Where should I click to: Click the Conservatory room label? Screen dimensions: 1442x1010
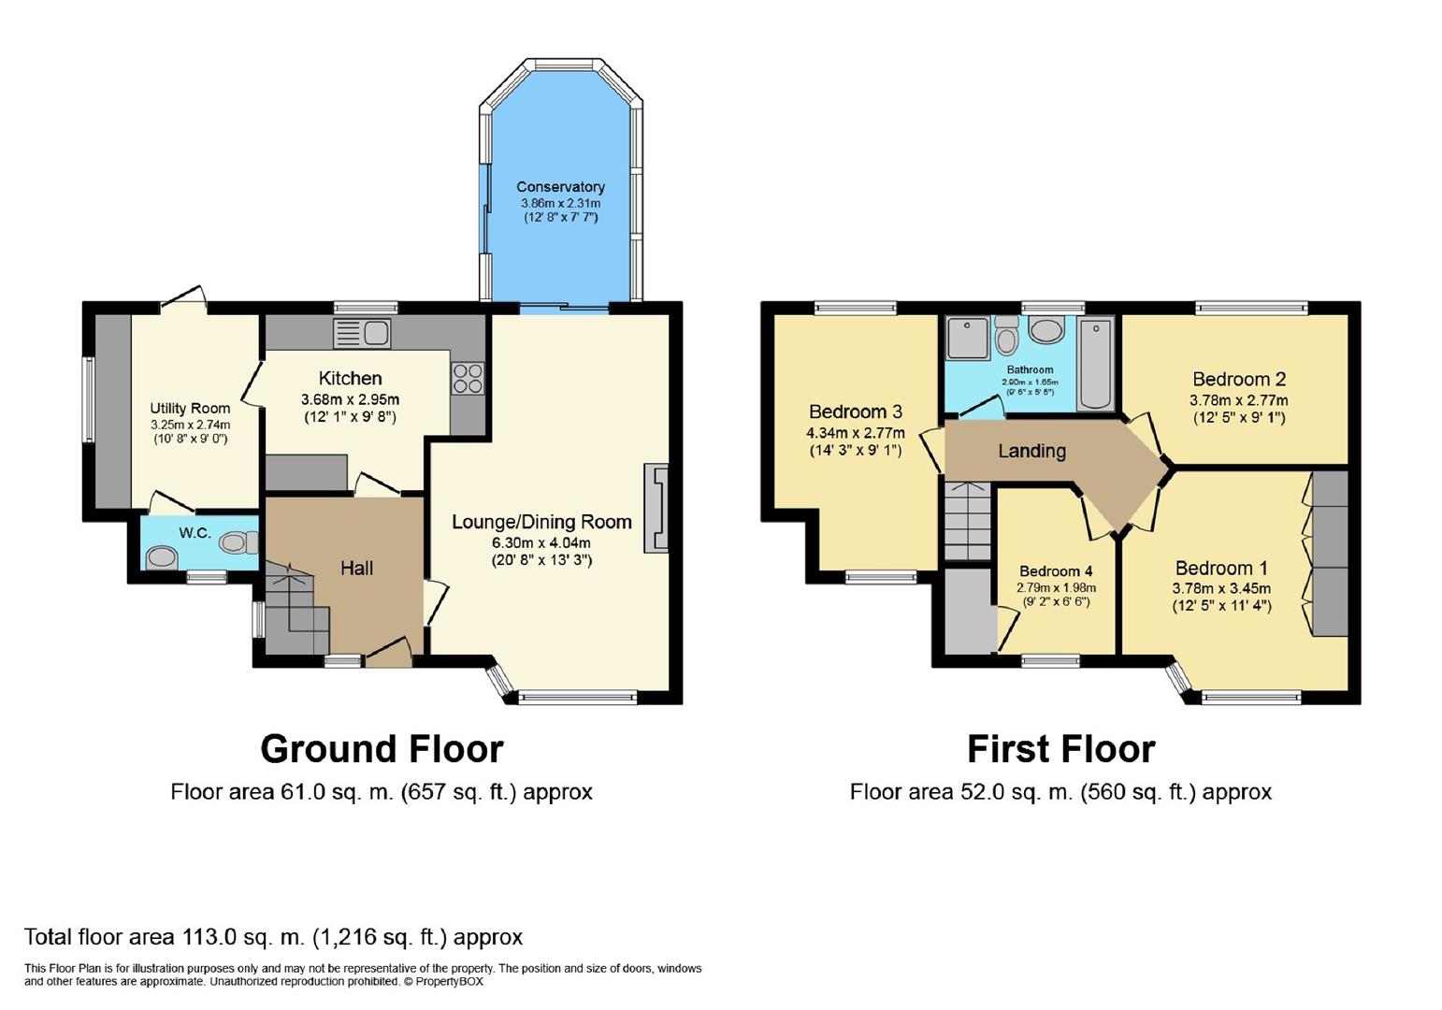click(560, 187)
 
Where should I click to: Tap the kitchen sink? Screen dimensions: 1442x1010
click(362, 334)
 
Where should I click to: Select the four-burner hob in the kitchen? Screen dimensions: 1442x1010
click(468, 378)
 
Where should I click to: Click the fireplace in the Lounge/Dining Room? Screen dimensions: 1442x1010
click(656, 508)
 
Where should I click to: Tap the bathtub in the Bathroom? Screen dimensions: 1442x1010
click(1096, 363)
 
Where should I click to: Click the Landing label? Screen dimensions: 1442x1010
click(1031, 452)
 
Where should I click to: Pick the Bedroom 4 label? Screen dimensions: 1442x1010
click(1056, 571)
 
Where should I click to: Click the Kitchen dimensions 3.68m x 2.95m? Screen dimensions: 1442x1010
click(350, 399)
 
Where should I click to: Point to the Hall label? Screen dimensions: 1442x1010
click(356, 568)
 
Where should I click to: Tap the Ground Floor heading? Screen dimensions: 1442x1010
click(382, 749)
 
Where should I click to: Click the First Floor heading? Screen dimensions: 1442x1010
click(1060, 749)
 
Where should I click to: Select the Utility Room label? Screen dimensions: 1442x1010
click(190, 408)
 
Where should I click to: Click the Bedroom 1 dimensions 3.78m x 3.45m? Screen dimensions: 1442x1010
click(1221, 587)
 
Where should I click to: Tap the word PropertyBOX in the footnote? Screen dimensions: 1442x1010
click(449, 982)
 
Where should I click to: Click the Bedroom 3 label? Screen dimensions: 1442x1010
click(856, 411)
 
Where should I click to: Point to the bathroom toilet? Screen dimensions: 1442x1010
click(1004, 336)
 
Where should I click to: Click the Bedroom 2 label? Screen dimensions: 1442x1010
click(1238, 379)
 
